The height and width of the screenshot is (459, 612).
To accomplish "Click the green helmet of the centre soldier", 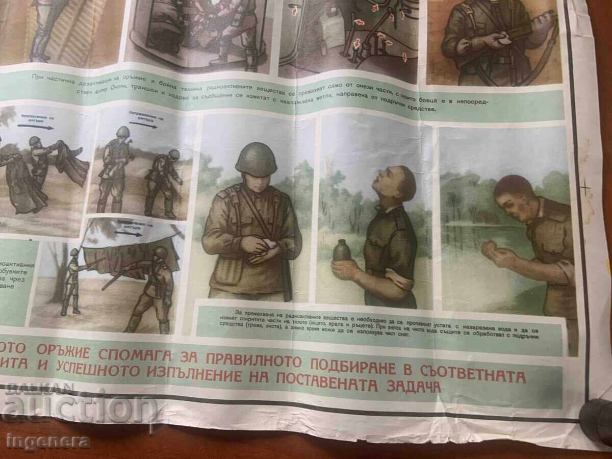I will click(x=256, y=160).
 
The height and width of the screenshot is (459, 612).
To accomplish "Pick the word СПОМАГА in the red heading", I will click(x=142, y=355).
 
